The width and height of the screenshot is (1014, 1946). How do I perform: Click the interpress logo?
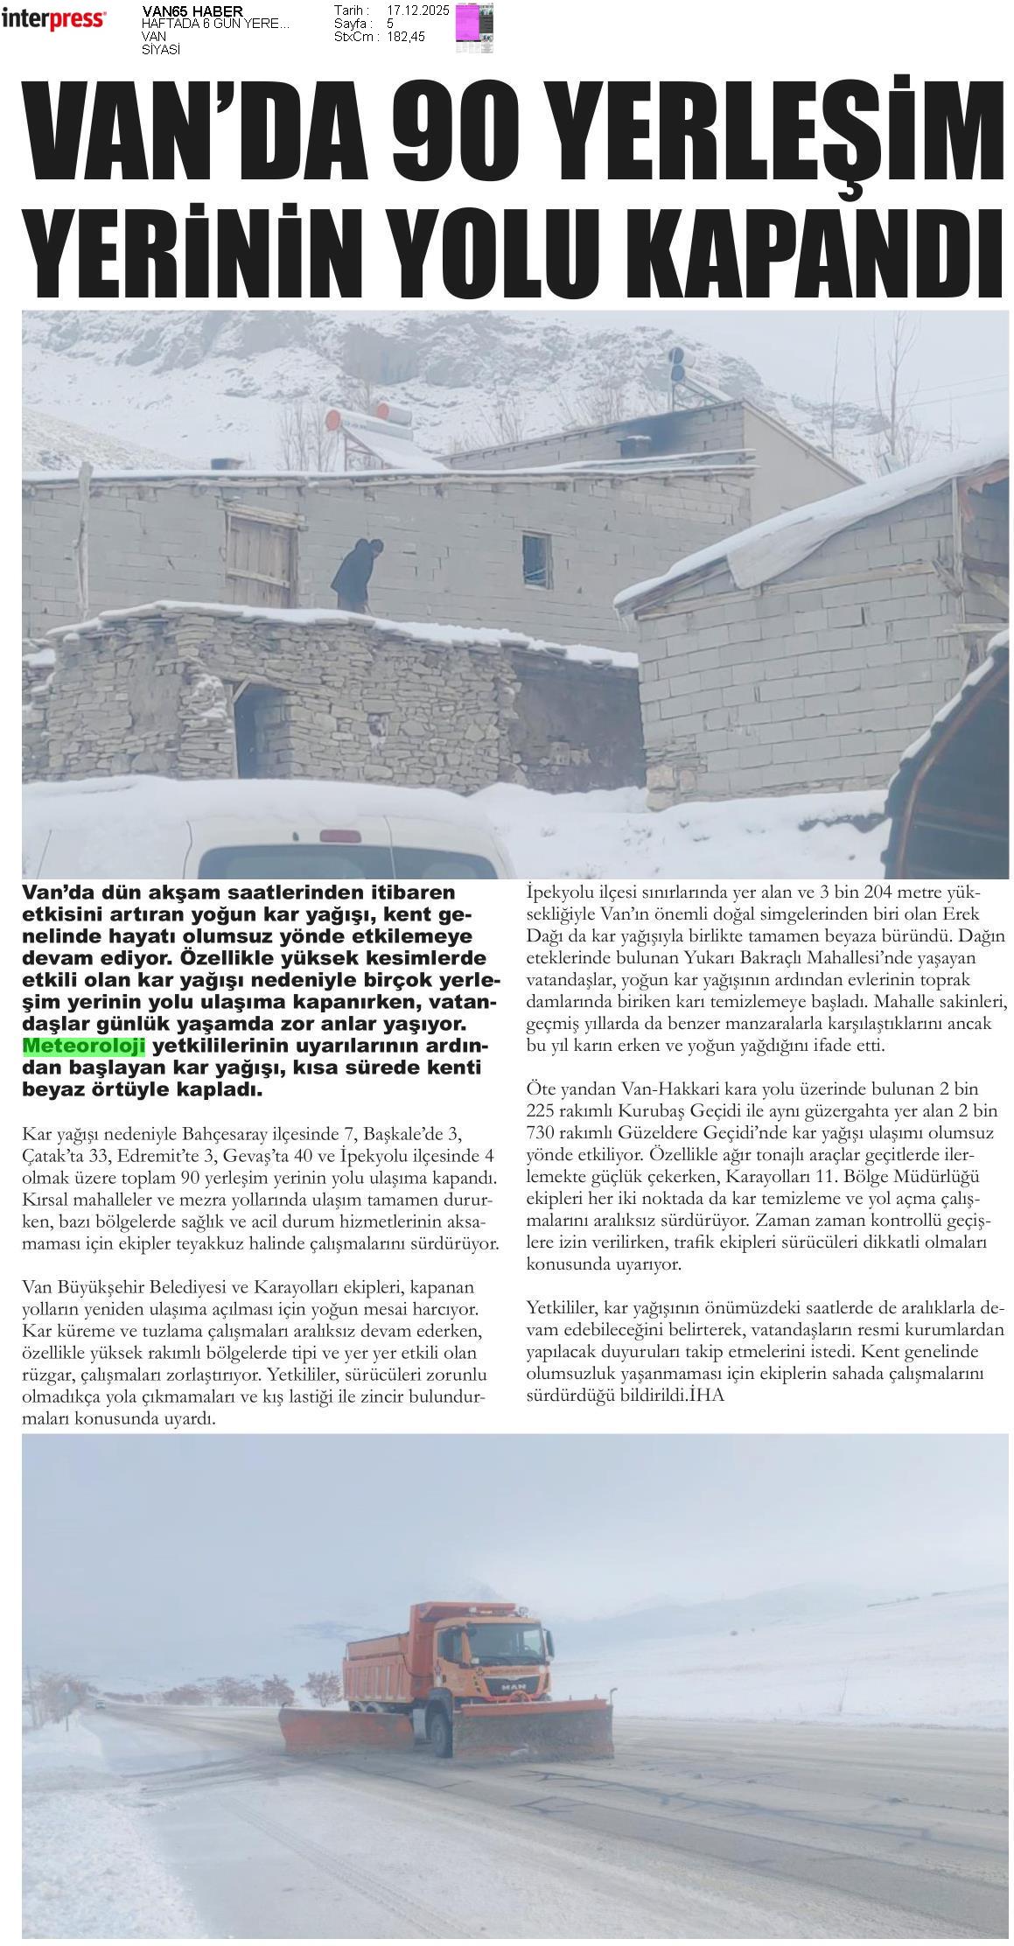click(53, 18)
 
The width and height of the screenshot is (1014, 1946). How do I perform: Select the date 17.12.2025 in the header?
click(418, 10)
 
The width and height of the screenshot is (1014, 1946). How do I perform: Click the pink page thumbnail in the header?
click(475, 26)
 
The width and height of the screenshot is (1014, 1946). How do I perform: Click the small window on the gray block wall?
click(536, 556)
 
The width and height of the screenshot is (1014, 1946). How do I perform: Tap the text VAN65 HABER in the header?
click(192, 11)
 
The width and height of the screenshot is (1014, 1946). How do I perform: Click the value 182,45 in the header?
click(405, 38)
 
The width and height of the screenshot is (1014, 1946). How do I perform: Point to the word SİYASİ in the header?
click(161, 50)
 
